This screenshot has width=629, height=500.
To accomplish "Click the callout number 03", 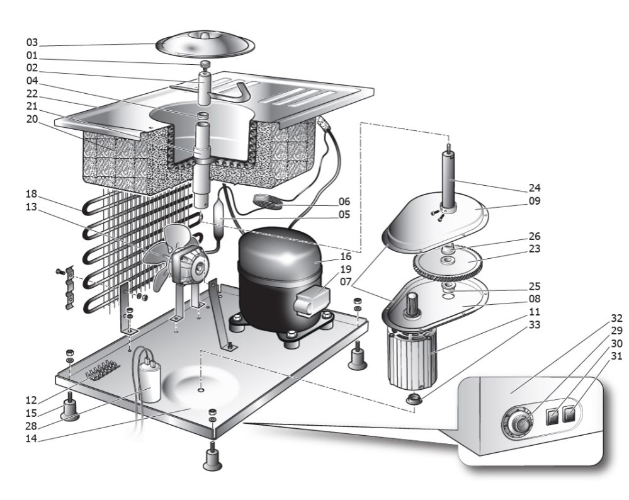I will [32, 43].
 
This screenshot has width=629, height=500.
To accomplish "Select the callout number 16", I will [345, 257].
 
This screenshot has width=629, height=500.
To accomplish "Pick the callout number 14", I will [32, 440].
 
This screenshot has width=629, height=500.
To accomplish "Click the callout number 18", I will [32, 193].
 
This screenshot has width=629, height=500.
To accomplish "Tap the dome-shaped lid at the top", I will [205, 43].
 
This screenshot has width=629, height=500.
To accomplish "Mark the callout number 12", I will [32, 401].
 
